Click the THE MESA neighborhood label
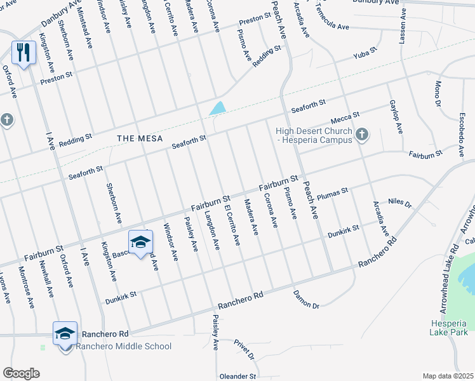click(x=140, y=138)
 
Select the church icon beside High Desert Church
click(x=362, y=133)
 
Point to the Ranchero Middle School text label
click(x=124, y=346)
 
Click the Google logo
click(x=21, y=373)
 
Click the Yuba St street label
click(x=365, y=58)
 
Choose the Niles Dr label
click(x=400, y=203)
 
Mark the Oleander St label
click(x=239, y=376)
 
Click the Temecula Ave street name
click(x=331, y=28)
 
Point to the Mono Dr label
click(x=438, y=93)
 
